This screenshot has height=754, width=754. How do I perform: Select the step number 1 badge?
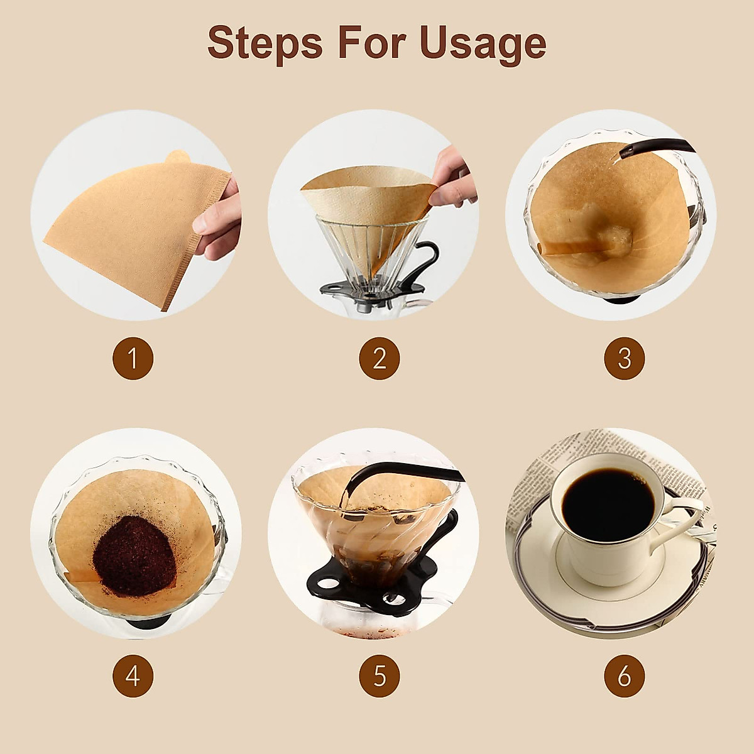coord(133,359)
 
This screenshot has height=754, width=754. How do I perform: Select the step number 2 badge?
coord(380,359)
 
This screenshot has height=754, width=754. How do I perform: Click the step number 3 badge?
coord(624,359)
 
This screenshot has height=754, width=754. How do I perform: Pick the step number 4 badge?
coord(133,676)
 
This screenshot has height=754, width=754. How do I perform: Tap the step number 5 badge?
coord(380,676)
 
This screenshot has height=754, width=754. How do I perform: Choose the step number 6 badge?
coord(624,676)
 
